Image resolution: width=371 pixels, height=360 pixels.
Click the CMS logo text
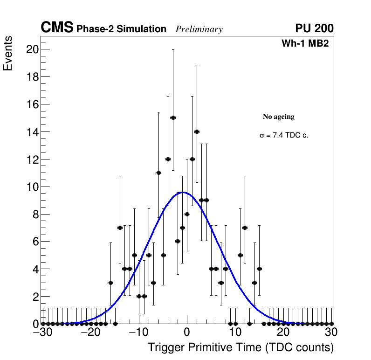pyautogui.click(x=57, y=28)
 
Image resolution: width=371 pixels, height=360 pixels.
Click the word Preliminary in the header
pyautogui.click(x=199, y=29)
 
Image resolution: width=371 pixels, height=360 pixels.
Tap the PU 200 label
pyautogui.click(x=314, y=28)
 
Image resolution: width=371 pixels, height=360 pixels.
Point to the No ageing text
pyautogui.click(x=278, y=117)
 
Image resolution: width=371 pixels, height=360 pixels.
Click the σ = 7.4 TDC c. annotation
pyautogui.click(x=284, y=135)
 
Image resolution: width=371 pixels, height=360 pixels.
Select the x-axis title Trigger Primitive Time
pyautogui.click(x=240, y=347)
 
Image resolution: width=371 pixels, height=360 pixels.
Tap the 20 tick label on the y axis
pyautogui.click(x=32, y=49)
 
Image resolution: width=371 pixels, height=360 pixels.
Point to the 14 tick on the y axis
pyautogui.click(x=32, y=132)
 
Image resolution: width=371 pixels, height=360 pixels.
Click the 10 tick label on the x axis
pyautogui.click(x=235, y=332)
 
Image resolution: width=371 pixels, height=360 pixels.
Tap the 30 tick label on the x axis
pyautogui.click(x=331, y=332)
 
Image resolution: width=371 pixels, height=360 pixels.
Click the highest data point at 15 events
pyautogui.click(x=173, y=118)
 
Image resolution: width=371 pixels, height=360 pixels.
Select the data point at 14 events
pyautogui.click(x=197, y=132)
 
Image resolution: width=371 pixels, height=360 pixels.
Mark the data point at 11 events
pyautogui.click(x=158, y=173)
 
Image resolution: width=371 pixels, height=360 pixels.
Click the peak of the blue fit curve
pyautogui.click(x=183, y=192)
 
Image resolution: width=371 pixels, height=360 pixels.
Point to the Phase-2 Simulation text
pyautogui.click(x=121, y=29)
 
